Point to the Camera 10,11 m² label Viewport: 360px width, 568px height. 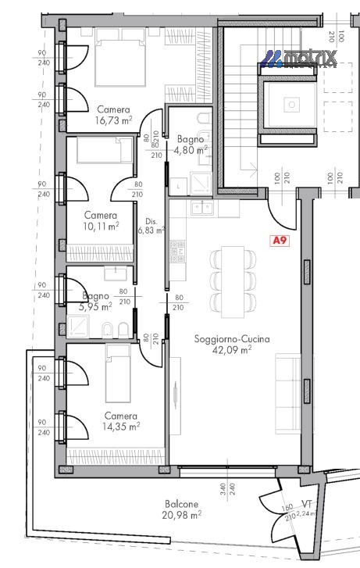coord(102,221)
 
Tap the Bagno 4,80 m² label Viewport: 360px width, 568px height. coord(191,142)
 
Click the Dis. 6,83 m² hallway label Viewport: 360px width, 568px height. coord(150,225)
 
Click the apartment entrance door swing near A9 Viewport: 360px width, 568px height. coord(281,212)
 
